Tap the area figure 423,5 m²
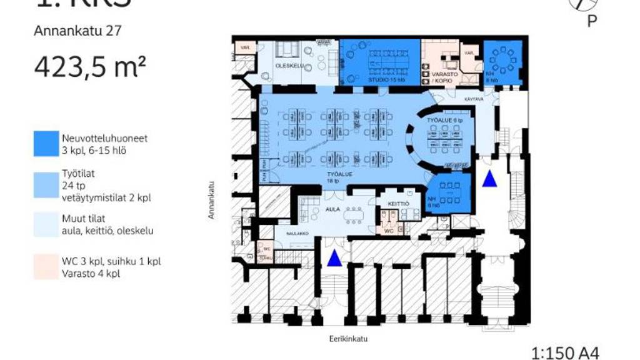(x=90, y=67)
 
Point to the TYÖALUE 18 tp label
(x=340, y=177)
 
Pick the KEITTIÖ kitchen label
(x=398, y=204)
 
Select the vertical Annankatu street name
(x=212, y=201)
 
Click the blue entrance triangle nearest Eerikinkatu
(x=336, y=257)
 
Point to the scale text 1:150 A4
(x=564, y=352)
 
